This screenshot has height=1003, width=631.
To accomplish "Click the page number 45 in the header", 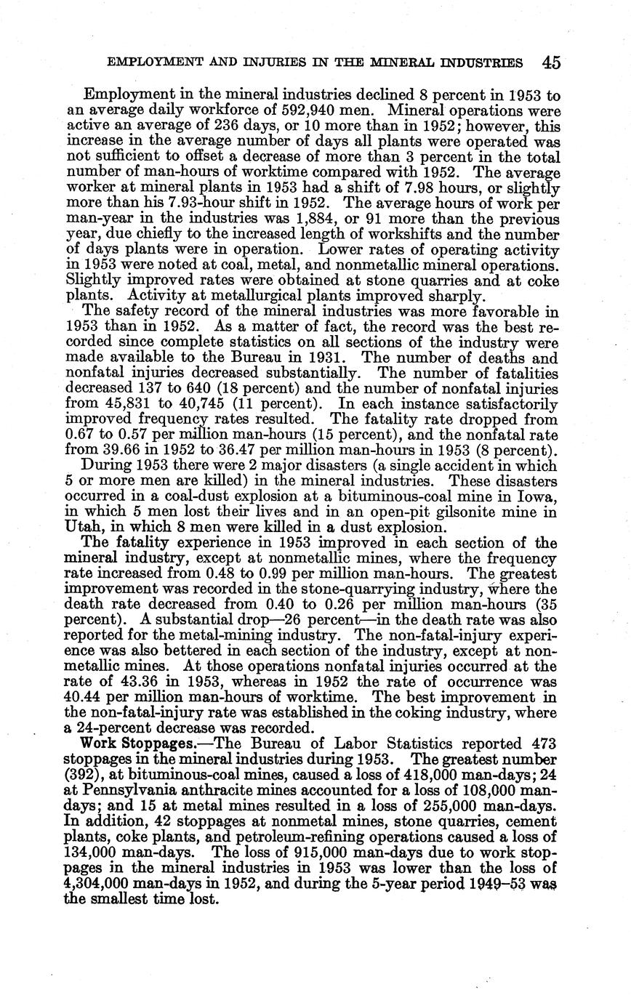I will pos(551,63).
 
